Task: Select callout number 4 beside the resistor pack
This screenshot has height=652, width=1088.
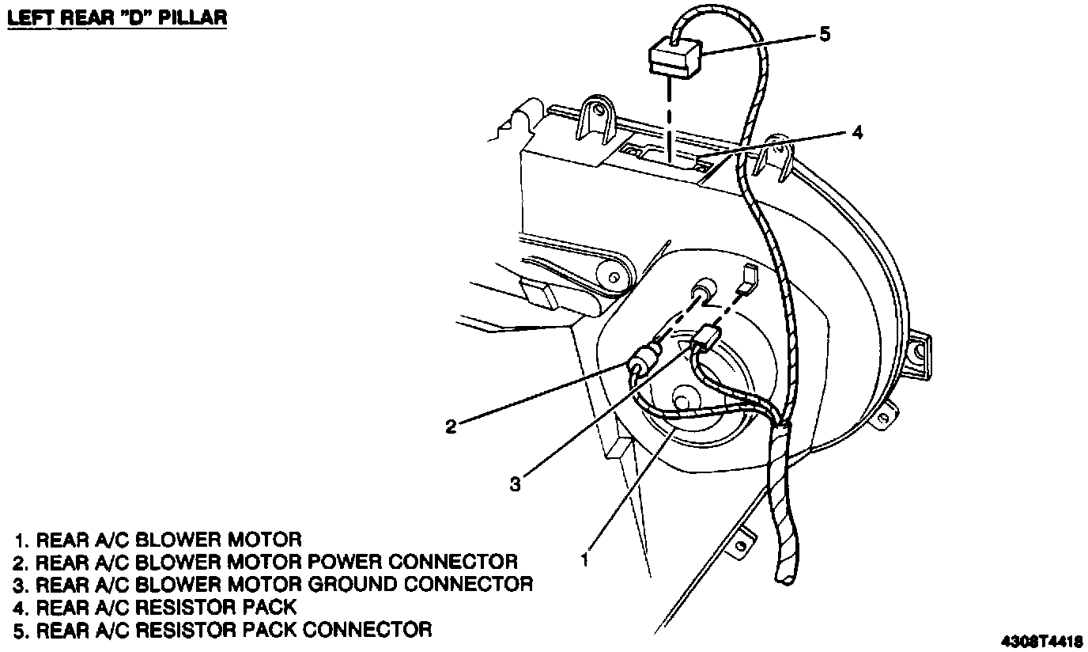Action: click(x=857, y=133)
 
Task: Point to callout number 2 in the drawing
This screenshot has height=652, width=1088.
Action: click(x=451, y=426)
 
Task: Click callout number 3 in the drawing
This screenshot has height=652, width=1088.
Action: click(x=515, y=483)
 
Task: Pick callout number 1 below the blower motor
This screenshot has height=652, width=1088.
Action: click(x=584, y=559)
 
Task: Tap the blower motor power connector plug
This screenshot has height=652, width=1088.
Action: click(x=642, y=364)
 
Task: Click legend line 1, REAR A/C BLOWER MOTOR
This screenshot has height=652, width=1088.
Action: click(x=158, y=540)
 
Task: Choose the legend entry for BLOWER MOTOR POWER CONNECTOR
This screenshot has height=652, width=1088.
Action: click(x=266, y=563)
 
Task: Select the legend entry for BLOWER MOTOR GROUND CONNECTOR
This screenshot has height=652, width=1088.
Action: click(x=274, y=585)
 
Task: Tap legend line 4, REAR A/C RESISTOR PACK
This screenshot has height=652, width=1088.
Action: click(x=155, y=608)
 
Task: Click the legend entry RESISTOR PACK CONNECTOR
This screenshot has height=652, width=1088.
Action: click(x=223, y=630)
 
